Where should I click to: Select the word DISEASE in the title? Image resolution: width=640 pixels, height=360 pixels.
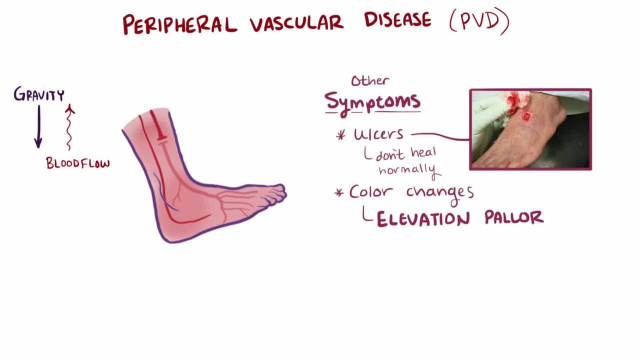click(x=397, y=19)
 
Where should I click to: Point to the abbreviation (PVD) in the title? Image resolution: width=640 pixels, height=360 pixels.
click(x=479, y=21)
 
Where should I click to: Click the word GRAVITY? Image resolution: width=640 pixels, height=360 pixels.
click(x=39, y=94)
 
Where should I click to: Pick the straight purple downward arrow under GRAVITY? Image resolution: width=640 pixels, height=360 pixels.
click(x=38, y=126)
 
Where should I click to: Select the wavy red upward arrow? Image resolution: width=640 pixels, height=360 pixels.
click(x=69, y=127)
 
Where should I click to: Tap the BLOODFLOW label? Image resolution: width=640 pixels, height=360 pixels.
click(x=78, y=163)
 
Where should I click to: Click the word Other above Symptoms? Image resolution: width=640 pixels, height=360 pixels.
click(x=370, y=81)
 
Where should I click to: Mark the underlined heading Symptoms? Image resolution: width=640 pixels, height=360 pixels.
click(x=372, y=103)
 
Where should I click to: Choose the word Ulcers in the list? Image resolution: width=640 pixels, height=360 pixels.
click(x=379, y=134)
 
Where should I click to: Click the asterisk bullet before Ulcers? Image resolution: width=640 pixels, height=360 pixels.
click(x=340, y=135)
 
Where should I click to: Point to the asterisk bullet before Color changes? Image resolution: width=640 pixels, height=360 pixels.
click(x=339, y=193)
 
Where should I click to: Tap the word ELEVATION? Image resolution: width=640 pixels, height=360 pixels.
click(x=423, y=219)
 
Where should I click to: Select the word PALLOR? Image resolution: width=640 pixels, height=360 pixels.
click(x=514, y=217)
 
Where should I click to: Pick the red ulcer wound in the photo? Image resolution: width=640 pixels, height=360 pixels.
click(x=526, y=116)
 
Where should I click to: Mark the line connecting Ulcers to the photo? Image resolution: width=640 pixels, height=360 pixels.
click(x=440, y=135)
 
